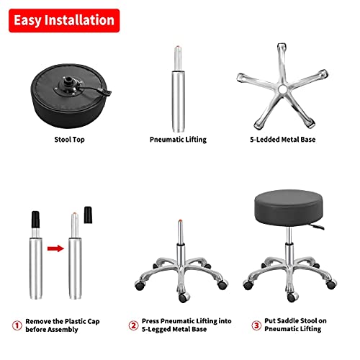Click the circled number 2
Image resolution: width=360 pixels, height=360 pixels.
(133, 325)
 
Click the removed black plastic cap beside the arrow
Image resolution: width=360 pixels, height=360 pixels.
(89, 215)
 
